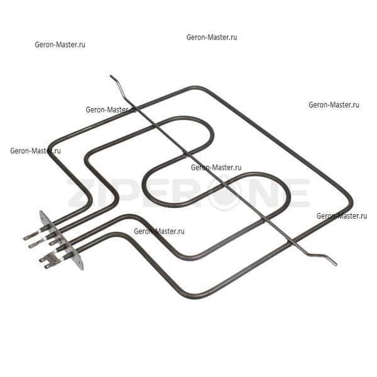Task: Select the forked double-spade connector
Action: [x=48, y=260]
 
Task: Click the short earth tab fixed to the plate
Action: [x=54, y=242]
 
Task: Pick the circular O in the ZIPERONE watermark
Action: [x=225, y=193]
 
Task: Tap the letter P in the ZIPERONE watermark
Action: [x=126, y=193]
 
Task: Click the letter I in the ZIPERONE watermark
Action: [x=104, y=193]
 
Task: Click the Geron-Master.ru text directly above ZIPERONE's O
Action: [x=216, y=167]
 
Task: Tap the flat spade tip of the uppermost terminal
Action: [x=27, y=238]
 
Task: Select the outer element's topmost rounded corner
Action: [x=195, y=87]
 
